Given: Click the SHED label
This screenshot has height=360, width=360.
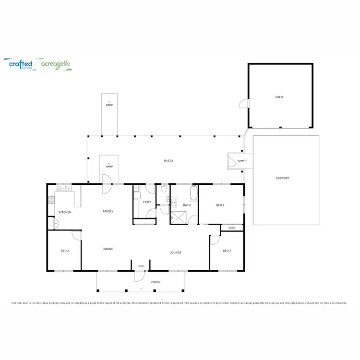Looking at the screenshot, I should [279, 97].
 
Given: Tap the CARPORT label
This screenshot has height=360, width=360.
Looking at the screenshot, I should [283, 178].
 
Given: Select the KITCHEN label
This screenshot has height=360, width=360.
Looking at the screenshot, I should [65, 212].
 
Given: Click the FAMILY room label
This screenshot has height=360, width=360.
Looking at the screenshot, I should [108, 211].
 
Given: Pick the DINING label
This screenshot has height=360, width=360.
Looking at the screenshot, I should [108, 249].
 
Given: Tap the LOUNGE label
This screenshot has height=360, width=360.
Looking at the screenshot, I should [175, 252].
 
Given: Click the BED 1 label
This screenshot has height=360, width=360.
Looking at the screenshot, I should [220, 205].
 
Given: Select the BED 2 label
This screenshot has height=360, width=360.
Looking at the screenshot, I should [227, 251].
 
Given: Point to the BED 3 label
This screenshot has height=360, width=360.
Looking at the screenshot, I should [65, 251].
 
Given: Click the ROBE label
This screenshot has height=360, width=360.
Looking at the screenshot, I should [232, 228].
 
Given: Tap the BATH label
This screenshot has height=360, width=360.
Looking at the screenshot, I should [187, 205].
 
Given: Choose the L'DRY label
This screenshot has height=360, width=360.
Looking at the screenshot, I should [147, 202].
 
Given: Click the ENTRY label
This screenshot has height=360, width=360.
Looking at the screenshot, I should [141, 266].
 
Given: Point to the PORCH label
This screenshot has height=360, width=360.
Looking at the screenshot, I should [156, 282].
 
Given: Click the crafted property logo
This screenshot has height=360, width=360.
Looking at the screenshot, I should [21, 64].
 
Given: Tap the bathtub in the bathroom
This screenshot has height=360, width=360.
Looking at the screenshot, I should [193, 194].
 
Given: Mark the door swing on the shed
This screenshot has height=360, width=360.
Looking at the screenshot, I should [244, 104].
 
